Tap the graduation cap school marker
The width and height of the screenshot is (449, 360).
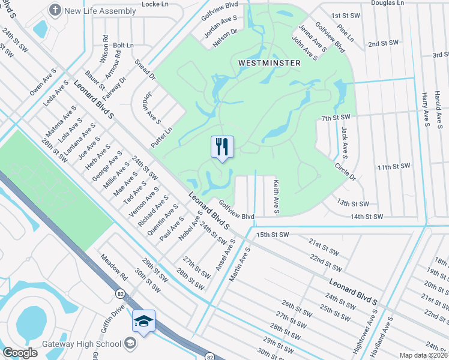click(144, 322)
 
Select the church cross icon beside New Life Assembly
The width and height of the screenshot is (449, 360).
click(55, 10)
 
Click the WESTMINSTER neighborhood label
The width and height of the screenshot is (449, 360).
click(266, 62)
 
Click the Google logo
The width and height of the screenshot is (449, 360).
click(20, 353)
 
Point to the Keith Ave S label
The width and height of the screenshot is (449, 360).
click(276, 196)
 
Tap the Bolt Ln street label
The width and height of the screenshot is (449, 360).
click(123, 45)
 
